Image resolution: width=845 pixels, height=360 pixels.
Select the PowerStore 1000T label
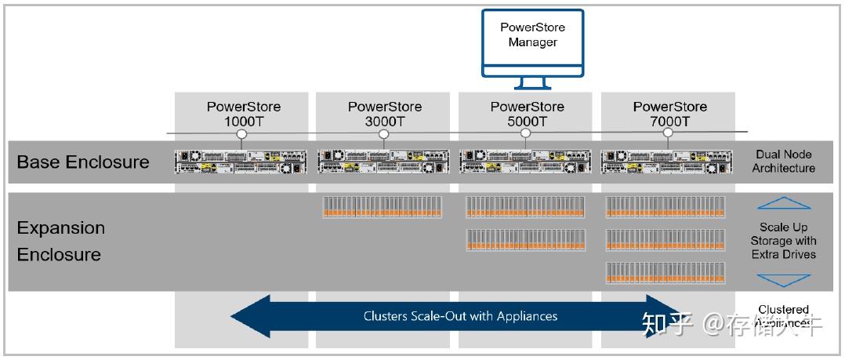click(243, 114)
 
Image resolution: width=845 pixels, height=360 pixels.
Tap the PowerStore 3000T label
click(384, 114)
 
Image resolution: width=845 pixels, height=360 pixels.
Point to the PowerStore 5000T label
click(527, 114)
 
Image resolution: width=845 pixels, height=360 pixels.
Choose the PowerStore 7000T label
click(669, 114)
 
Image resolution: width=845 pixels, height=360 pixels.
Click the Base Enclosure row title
click(83, 162)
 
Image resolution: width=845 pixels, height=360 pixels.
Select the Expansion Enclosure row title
click(60, 241)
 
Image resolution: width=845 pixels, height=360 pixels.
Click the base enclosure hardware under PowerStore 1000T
click(241, 162)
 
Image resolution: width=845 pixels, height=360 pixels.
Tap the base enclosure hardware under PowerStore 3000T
click(383, 162)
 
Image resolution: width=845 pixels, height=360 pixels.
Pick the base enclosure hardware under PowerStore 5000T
click(526, 162)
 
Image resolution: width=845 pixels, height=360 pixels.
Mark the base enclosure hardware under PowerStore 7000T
click(668, 162)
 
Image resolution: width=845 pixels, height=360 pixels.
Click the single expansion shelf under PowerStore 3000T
click(383, 207)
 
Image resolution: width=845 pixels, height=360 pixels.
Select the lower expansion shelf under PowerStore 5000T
click(525, 240)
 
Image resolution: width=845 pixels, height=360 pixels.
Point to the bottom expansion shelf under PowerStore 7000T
click(665, 272)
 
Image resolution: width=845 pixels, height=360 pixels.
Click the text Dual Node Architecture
click(784, 162)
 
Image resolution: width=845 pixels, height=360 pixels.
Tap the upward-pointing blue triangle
click(784, 204)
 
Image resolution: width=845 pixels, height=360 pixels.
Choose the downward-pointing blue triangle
click(784, 279)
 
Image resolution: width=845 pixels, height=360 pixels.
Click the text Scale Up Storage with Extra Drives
click(783, 241)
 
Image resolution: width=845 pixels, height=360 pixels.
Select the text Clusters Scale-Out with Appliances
click(460, 316)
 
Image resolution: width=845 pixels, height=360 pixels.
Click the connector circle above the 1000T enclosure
click(241, 134)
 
